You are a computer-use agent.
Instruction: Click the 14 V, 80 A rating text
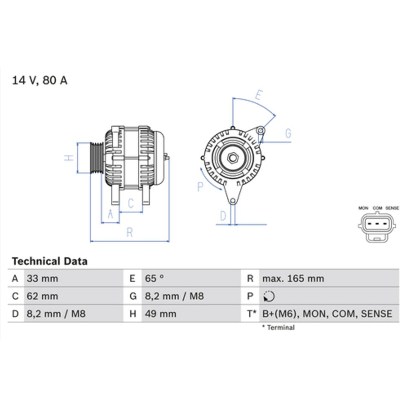point(39,80)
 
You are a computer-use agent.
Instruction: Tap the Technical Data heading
point(49,261)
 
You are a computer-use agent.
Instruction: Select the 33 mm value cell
point(42,279)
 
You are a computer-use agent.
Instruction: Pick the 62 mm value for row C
point(42,296)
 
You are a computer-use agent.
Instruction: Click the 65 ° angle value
point(154,279)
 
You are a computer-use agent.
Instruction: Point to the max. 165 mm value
point(293,279)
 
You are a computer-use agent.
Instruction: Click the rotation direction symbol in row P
point(269,297)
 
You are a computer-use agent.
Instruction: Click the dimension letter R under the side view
point(129,232)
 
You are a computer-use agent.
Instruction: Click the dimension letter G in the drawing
point(288,133)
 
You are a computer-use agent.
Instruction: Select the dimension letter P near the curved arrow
point(200,186)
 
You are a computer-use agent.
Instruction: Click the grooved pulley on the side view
point(96,158)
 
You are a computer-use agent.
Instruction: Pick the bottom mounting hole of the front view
point(232,201)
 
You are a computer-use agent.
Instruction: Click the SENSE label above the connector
point(392,208)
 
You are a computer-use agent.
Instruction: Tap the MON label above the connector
point(363,208)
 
